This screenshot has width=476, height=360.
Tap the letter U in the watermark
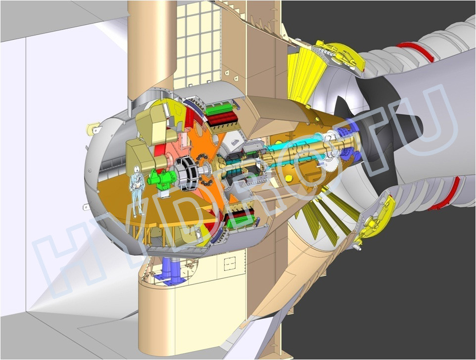click(426, 124)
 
